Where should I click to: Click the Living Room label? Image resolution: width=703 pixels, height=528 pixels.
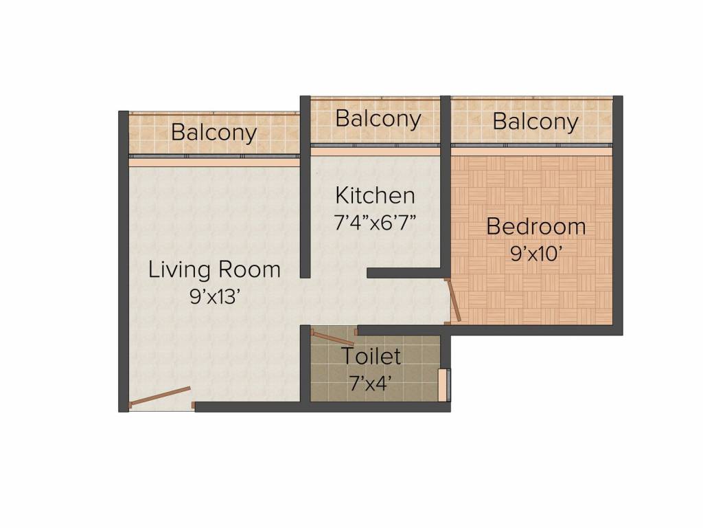point(214,269)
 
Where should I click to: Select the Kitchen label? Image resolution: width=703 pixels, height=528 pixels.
point(375,195)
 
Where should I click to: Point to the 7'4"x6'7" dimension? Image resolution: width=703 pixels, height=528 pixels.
point(375,223)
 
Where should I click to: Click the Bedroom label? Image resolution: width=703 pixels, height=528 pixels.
point(536,226)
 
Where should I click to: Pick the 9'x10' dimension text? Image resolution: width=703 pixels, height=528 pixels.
point(536,253)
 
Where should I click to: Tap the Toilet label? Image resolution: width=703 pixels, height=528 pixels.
point(371,357)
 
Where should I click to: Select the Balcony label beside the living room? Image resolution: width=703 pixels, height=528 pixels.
point(214,132)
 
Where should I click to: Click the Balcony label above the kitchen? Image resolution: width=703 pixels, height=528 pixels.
point(378,118)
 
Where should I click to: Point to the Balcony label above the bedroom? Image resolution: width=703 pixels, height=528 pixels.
point(535,122)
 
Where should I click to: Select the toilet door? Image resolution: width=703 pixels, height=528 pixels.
point(333,337)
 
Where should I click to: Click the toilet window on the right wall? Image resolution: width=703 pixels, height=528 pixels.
point(444,384)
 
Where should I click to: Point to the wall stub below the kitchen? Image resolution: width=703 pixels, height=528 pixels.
point(405,273)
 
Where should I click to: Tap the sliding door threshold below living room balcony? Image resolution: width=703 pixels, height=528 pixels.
point(214,163)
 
